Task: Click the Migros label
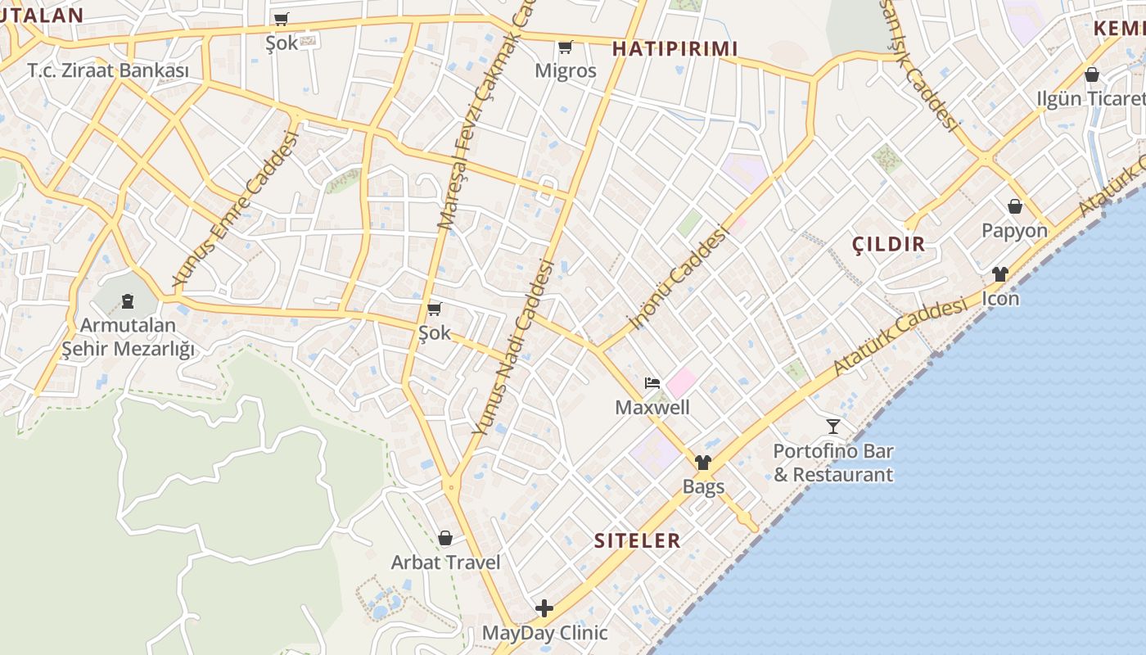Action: point(566,70)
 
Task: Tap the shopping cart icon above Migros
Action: point(565,47)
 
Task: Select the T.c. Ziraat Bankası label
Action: point(108,70)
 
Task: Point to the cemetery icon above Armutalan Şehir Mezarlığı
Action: point(128,301)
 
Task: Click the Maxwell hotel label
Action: point(652,407)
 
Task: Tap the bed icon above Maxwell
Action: point(652,382)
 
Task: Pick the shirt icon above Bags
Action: point(703,463)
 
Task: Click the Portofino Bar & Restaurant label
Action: point(833,463)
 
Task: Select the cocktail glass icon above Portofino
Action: point(833,426)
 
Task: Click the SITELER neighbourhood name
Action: point(638,540)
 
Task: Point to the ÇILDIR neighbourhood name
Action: point(889,243)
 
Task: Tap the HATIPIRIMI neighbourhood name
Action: point(675,48)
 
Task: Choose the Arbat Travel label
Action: point(446,562)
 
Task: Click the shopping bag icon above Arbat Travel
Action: point(445,538)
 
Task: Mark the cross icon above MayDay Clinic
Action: point(544,608)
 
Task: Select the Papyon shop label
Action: point(1015,230)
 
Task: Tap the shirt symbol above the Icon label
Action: point(1000,274)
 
